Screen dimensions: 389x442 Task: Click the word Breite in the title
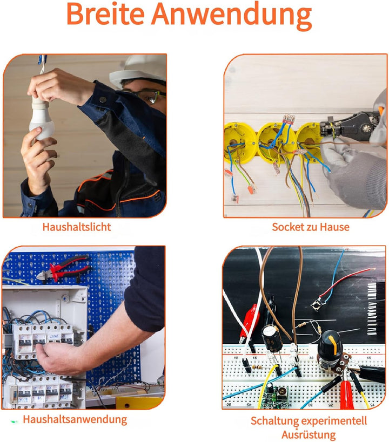[x=105, y=13]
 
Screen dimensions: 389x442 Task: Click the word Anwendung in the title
[x=231, y=16]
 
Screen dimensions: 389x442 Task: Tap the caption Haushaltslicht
[x=77, y=227]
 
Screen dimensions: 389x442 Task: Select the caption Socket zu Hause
[x=311, y=227]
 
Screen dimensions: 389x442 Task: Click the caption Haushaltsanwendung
[x=75, y=419]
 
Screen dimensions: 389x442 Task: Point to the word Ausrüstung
[x=308, y=434]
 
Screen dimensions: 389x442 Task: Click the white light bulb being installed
[x=41, y=118]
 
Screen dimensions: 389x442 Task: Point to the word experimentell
[x=334, y=421]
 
